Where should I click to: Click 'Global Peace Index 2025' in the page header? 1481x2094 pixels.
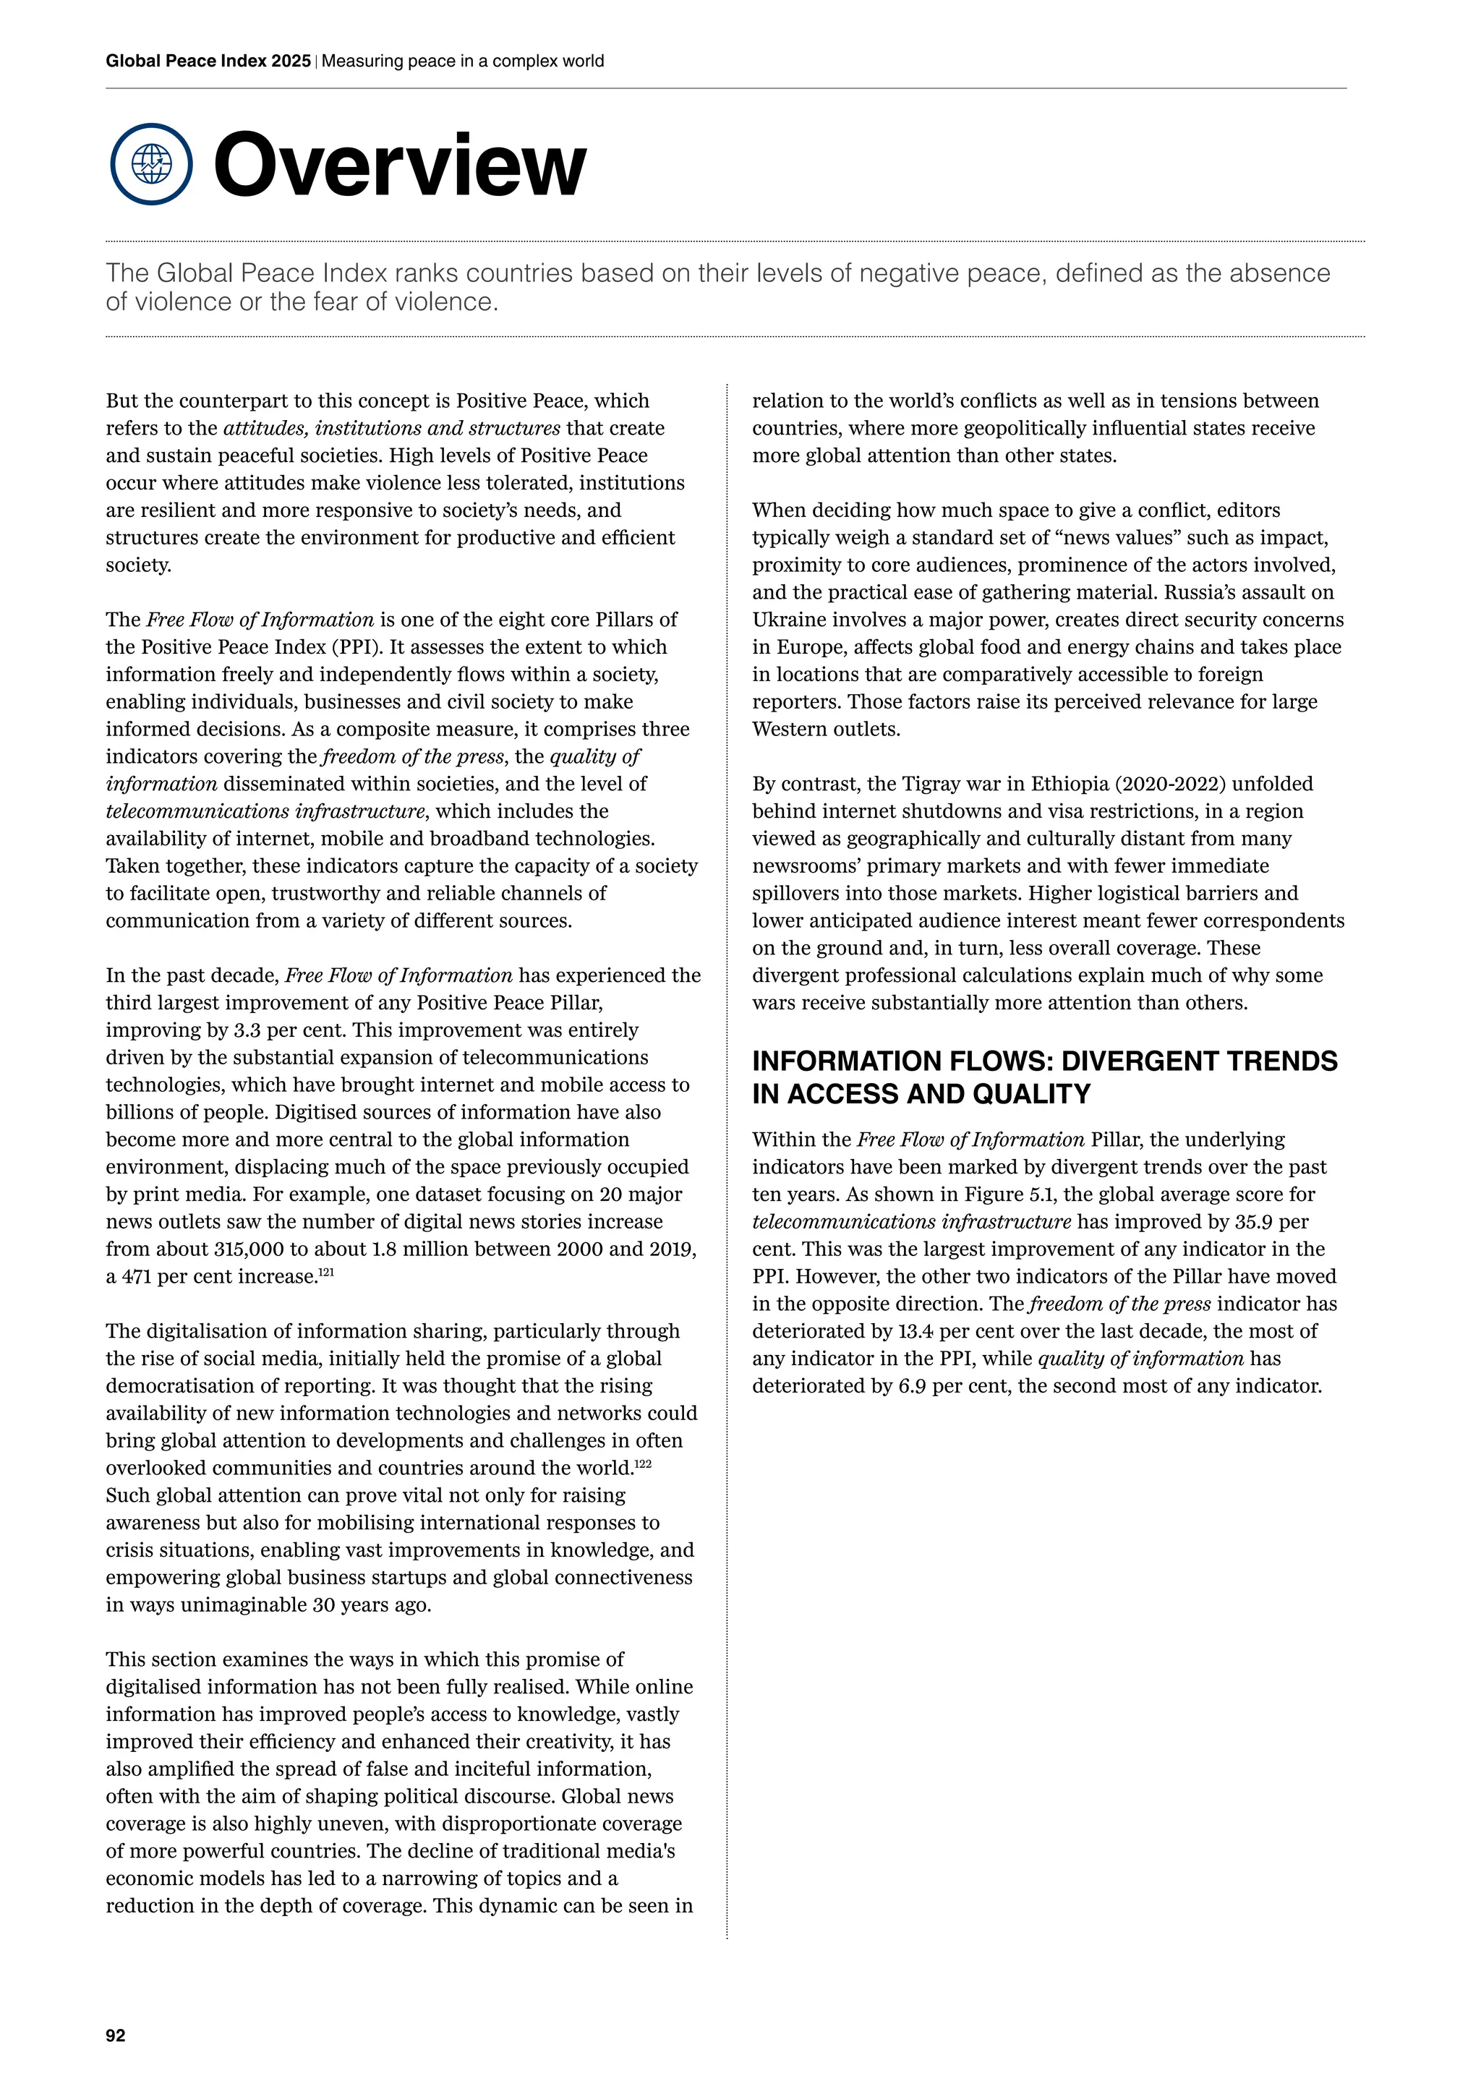(x=208, y=61)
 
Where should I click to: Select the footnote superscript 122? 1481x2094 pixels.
(x=643, y=1463)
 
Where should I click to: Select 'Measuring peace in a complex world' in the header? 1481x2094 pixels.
(x=462, y=61)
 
